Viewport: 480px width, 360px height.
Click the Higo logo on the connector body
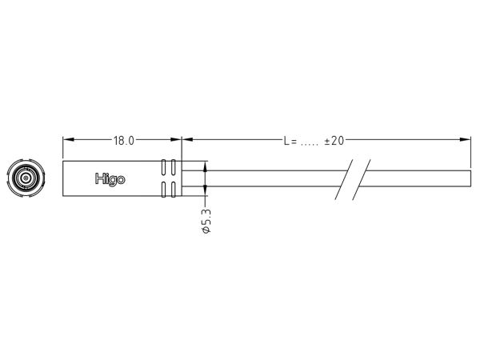110,179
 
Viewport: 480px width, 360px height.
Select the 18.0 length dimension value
122,141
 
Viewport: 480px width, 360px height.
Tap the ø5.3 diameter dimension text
206,220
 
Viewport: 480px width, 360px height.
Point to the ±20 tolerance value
334,141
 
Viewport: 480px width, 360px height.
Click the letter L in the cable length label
286,141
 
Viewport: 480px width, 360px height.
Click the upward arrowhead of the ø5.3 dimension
206,166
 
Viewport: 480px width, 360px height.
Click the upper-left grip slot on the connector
164,168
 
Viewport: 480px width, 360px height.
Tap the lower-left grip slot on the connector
164,189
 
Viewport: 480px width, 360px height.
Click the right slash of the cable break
362,179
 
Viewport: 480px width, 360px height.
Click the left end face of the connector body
63,178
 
